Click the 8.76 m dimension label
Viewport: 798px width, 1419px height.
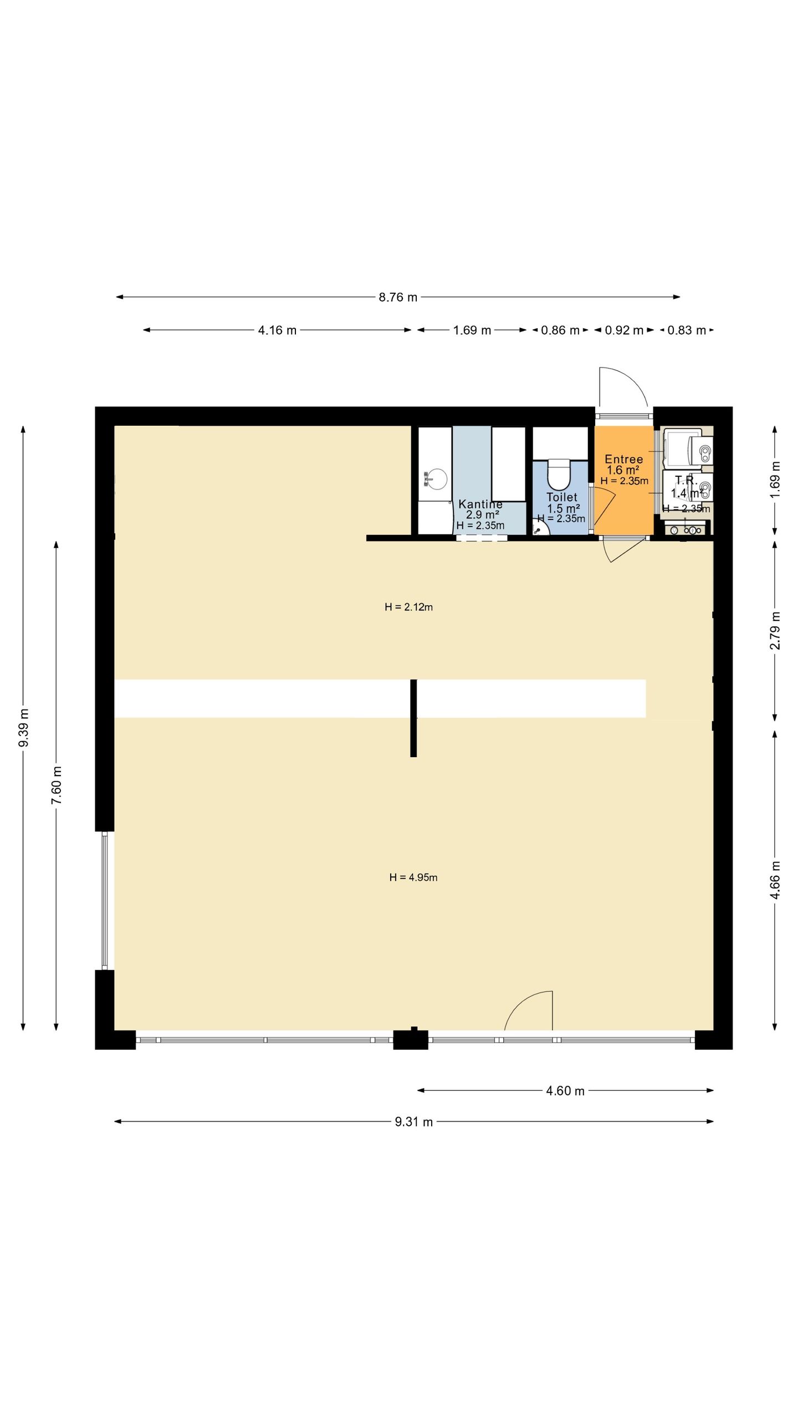tap(397, 297)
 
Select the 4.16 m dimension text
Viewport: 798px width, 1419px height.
tap(277, 330)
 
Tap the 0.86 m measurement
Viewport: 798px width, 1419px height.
tap(560, 330)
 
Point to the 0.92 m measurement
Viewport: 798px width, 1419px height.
tap(623, 330)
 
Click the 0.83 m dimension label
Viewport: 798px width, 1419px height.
tap(686, 330)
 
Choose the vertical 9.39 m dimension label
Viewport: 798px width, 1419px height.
tap(23, 727)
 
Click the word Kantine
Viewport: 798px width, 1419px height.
tap(480, 504)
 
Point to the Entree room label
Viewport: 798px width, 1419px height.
tap(623, 459)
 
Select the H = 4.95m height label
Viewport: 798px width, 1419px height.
tap(413, 877)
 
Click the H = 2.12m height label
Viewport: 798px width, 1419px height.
tap(408, 607)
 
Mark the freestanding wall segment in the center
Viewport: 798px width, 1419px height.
tap(413, 718)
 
